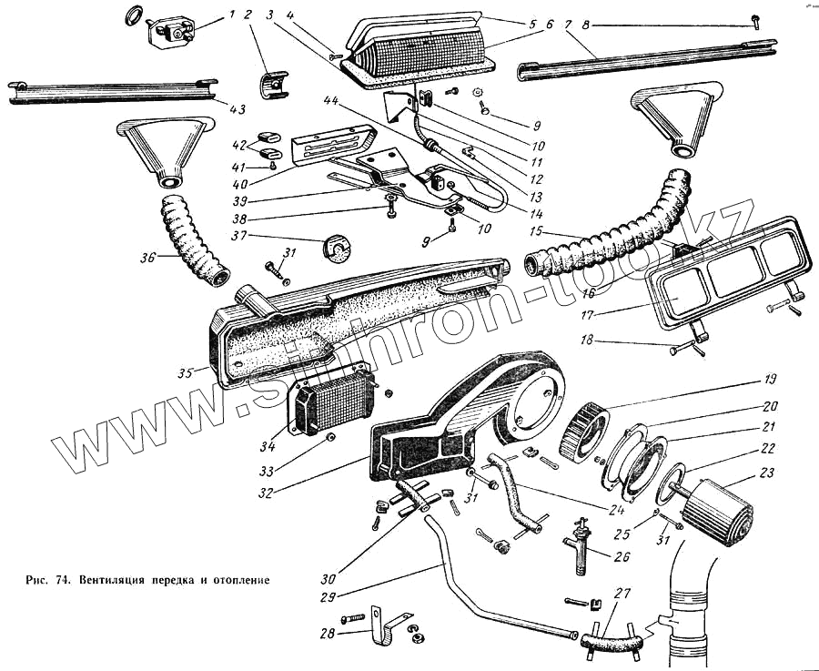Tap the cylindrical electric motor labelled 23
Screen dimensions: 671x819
[719, 513]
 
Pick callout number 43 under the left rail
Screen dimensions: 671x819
[236, 109]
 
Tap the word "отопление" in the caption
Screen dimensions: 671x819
[238, 579]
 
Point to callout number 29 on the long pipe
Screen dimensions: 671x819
[328, 598]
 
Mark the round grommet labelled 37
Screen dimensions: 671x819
[336, 247]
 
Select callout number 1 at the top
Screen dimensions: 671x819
[231, 15]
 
